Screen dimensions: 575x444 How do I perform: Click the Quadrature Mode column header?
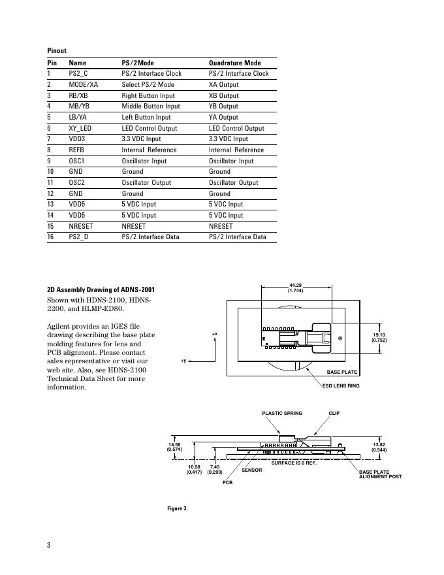234,63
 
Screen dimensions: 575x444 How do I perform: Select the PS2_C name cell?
78,74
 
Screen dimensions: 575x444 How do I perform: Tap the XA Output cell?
223,85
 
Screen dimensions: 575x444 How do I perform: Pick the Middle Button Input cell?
151,107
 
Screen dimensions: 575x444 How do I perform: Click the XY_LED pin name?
80,128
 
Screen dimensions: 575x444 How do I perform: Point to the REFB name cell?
77,150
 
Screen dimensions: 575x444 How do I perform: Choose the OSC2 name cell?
77,182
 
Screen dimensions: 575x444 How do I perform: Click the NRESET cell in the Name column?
80,226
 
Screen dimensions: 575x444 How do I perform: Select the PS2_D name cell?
78,237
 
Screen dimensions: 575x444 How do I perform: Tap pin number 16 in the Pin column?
51,237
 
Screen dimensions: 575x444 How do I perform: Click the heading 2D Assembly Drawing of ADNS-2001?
101,289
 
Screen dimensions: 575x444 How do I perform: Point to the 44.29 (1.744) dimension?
296,287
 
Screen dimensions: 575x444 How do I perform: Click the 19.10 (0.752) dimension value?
379,338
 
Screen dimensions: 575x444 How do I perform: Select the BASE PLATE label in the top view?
342,372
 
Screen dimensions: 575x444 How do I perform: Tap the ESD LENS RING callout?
341,386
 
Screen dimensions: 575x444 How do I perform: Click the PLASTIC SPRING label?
282,413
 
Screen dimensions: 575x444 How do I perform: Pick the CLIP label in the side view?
334,413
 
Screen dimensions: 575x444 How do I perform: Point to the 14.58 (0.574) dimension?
174,447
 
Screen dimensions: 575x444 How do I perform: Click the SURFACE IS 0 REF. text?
294,463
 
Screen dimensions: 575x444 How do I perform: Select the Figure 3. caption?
178,508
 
